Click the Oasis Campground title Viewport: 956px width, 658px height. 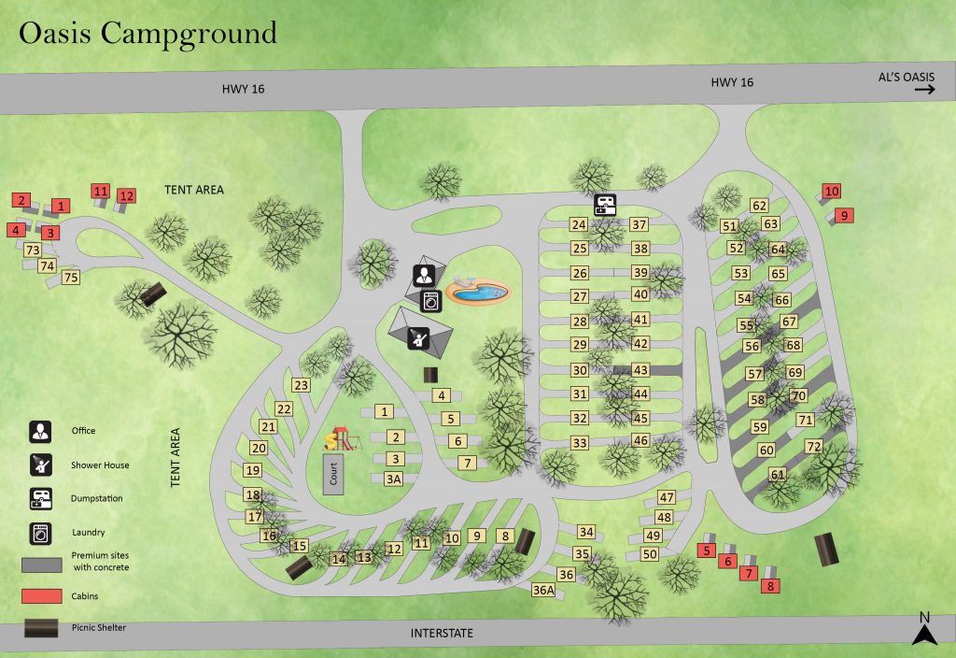coord(148,33)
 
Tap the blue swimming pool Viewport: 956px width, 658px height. coord(479,293)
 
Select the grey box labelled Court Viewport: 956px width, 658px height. coord(334,474)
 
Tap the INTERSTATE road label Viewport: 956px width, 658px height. coord(442,634)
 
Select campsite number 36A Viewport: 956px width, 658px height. coord(543,590)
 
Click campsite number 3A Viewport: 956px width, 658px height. coord(394,479)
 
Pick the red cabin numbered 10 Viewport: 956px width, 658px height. coord(831,192)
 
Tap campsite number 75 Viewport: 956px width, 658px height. coord(70,277)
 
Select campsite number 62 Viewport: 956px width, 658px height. coord(759,206)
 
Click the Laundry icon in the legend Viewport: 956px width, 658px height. coord(40,533)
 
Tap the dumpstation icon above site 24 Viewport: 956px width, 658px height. coord(605,204)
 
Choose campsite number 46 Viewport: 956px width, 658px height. coord(640,440)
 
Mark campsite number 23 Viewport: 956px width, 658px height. coord(301,385)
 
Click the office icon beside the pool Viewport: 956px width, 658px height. coord(424,275)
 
